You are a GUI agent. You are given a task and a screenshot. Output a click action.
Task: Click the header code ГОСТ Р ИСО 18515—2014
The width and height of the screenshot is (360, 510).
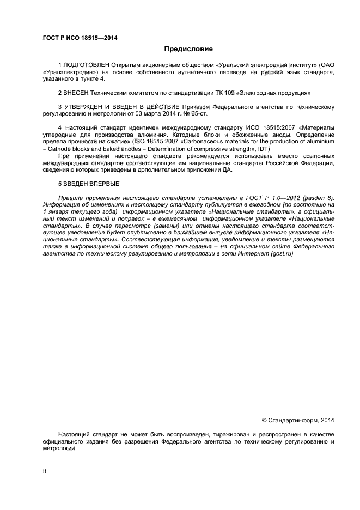click(80, 38)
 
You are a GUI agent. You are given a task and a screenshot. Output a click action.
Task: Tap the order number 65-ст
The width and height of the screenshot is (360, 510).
click(197, 113)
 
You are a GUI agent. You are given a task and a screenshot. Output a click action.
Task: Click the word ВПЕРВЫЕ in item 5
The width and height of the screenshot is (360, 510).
click(104, 184)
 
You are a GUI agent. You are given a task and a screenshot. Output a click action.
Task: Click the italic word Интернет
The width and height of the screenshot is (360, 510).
click(251, 254)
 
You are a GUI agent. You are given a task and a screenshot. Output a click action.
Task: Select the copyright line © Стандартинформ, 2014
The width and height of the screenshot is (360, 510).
click(298, 420)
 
